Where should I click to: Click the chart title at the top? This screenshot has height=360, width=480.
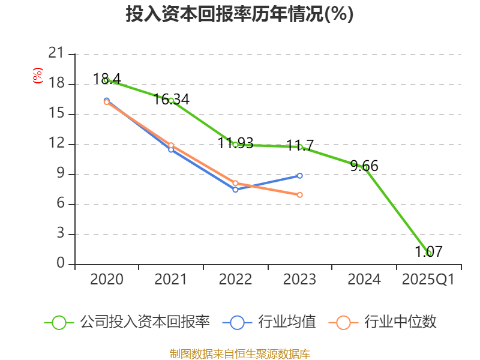pos(239,14)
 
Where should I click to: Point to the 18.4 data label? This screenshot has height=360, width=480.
pos(107,79)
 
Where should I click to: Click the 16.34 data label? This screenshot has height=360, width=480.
pos(172,99)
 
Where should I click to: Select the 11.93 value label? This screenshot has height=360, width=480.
pos(235,143)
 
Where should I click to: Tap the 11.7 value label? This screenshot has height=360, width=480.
pos(300,145)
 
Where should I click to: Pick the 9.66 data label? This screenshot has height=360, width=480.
pos(364,166)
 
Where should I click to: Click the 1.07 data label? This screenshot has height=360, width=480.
pos(428,251)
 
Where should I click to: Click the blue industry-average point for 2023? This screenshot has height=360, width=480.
pos(300,175)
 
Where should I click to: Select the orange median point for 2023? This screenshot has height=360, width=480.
pos(300,194)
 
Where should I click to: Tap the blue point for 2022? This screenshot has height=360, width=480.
pos(235,189)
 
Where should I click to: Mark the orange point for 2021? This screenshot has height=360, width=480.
pos(171,145)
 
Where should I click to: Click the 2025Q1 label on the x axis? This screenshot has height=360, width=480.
pos(428,279)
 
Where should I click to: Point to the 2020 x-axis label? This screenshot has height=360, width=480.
pos(107,279)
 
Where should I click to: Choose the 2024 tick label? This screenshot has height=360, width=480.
pos(364,279)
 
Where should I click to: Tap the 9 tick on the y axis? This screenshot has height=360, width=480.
pos(60,174)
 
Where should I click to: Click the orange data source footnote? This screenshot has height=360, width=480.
pos(239,353)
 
